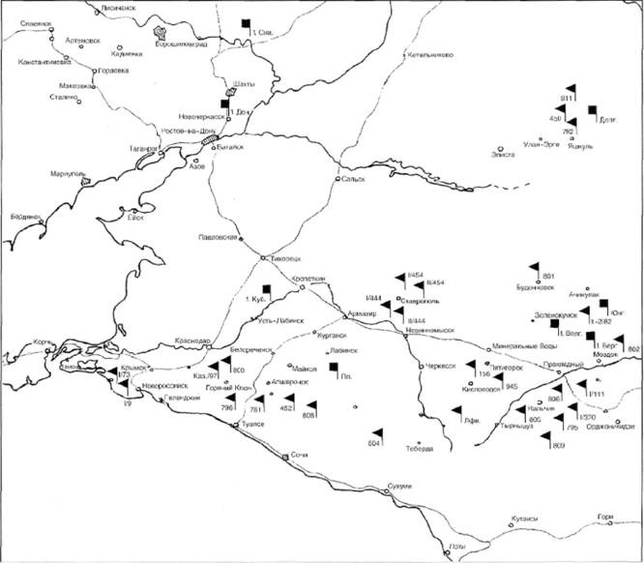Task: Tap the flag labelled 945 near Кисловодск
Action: coord(501,375)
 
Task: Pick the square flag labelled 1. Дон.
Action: coord(225,104)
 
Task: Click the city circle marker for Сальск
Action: coord(338,179)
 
